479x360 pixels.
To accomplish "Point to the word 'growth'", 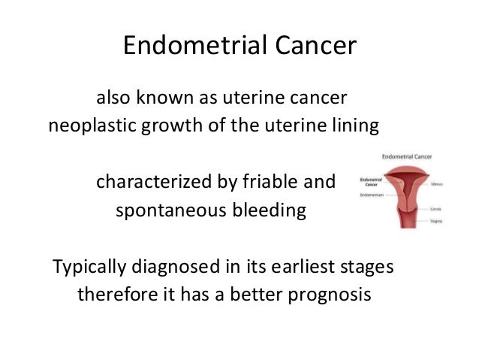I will [170, 126].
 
